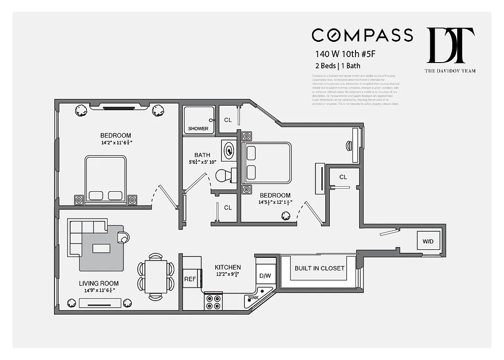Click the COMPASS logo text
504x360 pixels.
pyautogui.click(x=362, y=35)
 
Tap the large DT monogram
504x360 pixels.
pyautogui.click(x=450, y=45)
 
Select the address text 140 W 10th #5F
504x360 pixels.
pyautogui.click(x=345, y=54)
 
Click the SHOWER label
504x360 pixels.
pyautogui.click(x=198, y=129)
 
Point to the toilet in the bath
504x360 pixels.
pyautogui.click(x=225, y=175)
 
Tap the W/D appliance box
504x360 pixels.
pyautogui.click(x=427, y=242)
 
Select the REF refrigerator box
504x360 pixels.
pyautogui.click(x=190, y=279)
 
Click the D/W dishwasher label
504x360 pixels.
pyautogui.click(x=265, y=276)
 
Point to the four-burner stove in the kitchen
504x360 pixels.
pyautogui.click(x=213, y=301)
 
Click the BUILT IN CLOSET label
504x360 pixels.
pyautogui.click(x=319, y=268)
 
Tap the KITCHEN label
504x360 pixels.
pyautogui.click(x=227, y=267)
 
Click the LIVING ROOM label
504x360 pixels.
pyautogui.click(x=99, y=283)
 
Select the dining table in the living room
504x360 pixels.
pyautogui.click(x=155, y=277)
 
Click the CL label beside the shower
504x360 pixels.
pyautogui.click(x=228, y=120)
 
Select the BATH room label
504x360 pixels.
pyautogui.click(x=202, y=155)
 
